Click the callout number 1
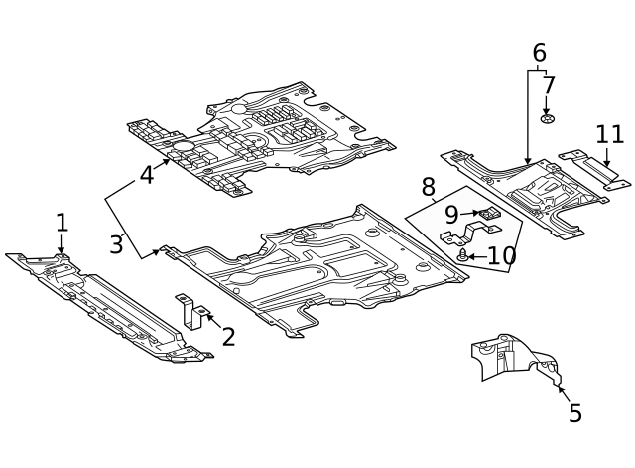pos(62,223)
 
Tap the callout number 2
pos(228,337)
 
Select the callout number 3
pos(116,244)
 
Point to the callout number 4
pos(147,175)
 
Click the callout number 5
pos(575,413)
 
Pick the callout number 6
pos(539,53)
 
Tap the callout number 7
pos(548,85)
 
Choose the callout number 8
pos(428,187)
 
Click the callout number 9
pos(451,215)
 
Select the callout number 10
pos(502,256)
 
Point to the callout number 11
pos(610,135)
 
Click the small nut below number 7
pos(547,119)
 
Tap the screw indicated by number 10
pos(463,256)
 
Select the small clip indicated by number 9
pos(490,213)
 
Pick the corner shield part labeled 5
pos(516,359)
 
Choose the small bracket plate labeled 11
pos(594,170)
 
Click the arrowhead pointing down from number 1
pos(62,250)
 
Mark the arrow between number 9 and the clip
pos(470,213)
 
